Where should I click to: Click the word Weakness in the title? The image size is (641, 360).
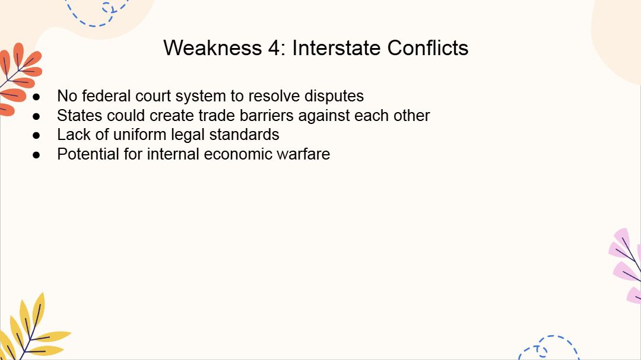212,48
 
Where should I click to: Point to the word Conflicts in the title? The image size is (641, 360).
427,48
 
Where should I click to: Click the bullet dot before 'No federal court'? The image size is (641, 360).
36,97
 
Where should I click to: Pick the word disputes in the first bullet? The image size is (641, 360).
334,97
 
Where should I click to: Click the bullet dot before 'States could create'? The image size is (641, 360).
36,116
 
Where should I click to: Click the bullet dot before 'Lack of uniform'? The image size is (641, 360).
36,135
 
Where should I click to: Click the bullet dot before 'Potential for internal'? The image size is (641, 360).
36,155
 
